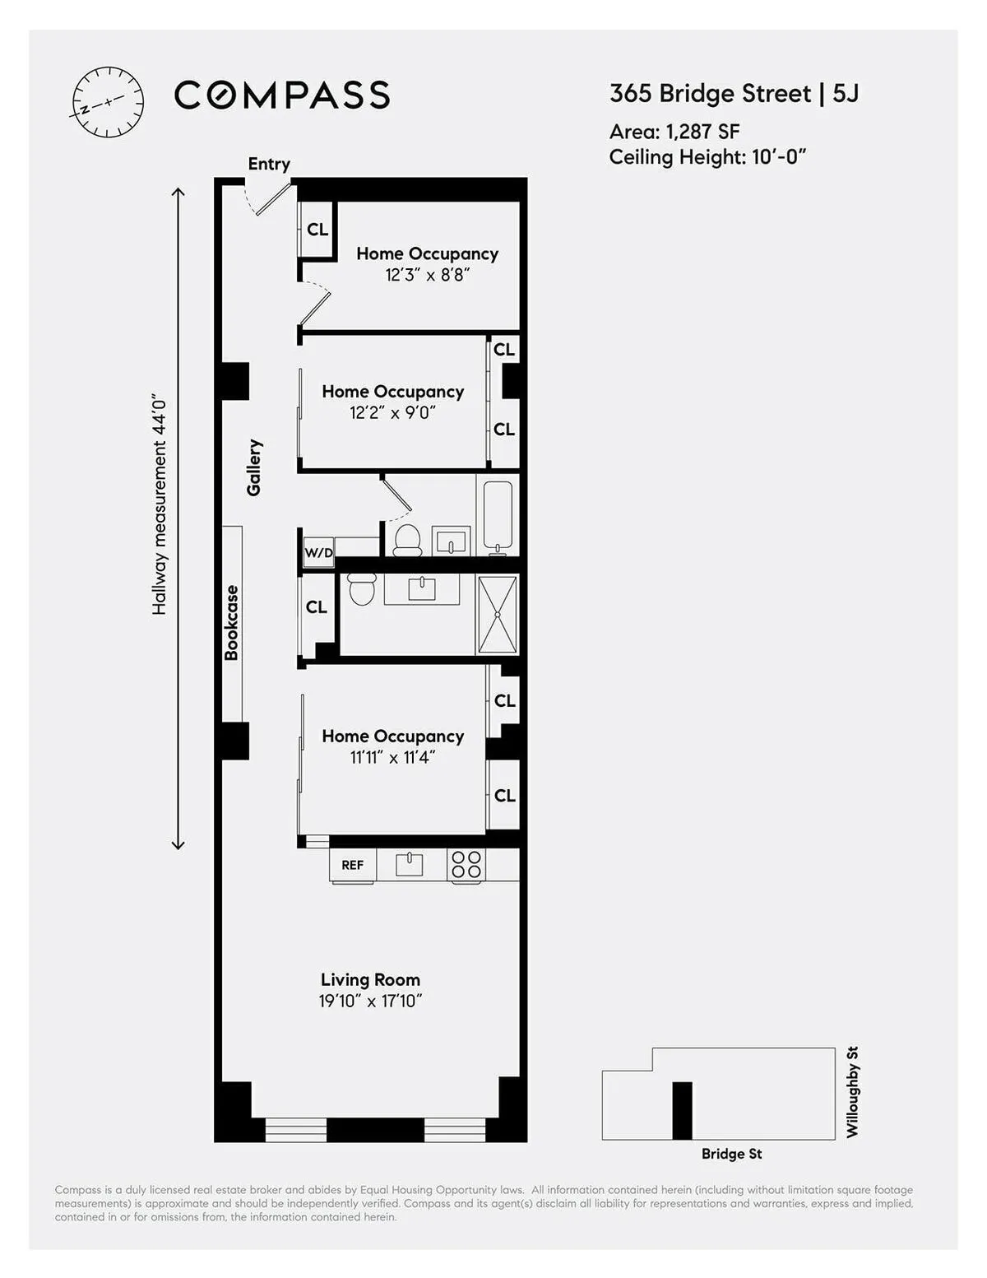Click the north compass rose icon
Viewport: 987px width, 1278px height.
click(108, 102)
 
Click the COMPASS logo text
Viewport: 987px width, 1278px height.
click(282, 95)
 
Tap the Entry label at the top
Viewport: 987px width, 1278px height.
click(269, 164)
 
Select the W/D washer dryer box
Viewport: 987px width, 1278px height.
click(318, 552)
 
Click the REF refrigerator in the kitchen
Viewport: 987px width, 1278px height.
click(353, 865)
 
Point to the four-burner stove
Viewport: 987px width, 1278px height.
click(466, 865)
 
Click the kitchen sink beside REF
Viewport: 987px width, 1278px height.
click(409, 864)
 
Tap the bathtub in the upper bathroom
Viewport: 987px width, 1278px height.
click(498, 515)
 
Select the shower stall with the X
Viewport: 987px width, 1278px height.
click(498, 614)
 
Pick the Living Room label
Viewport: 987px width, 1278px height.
click(370, 979)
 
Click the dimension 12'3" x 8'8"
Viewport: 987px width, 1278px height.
click(427, 275)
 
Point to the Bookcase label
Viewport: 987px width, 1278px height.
click(232, 622)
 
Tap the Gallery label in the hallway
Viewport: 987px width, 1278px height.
click(254, 467)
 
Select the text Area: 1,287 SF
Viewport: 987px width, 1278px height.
click(674, 132)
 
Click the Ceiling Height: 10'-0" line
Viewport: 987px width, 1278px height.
click(707, 157)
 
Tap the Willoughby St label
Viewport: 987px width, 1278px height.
click(852, 1092)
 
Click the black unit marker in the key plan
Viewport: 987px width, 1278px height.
click(682, 1110)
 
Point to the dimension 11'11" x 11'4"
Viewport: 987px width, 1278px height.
click(392, 757)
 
